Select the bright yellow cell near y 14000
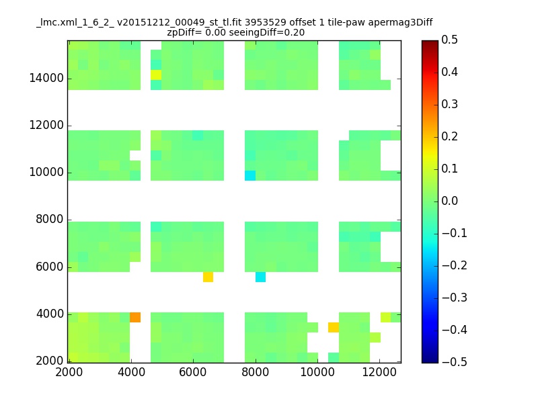[x=156, y=75]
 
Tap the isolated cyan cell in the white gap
[x=260, y=277]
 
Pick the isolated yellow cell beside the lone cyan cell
[x=208, y=277]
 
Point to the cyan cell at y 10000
[x=249, y=175]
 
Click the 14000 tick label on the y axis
[x=46, y=78]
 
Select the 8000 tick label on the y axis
[x=50, y=220]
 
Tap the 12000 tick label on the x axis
[x=379, y=372]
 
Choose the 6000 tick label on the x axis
[x=193, y=372]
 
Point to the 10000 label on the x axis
[x=317, y=372]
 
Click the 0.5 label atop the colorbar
[x=449, y=40]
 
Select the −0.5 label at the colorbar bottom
[x=455, y=362]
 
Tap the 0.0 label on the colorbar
[x=449, y=201]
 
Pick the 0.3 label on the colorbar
[x=449, y=105]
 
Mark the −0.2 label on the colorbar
[x=455, y=265]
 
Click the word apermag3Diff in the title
[x=400, y=23]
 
